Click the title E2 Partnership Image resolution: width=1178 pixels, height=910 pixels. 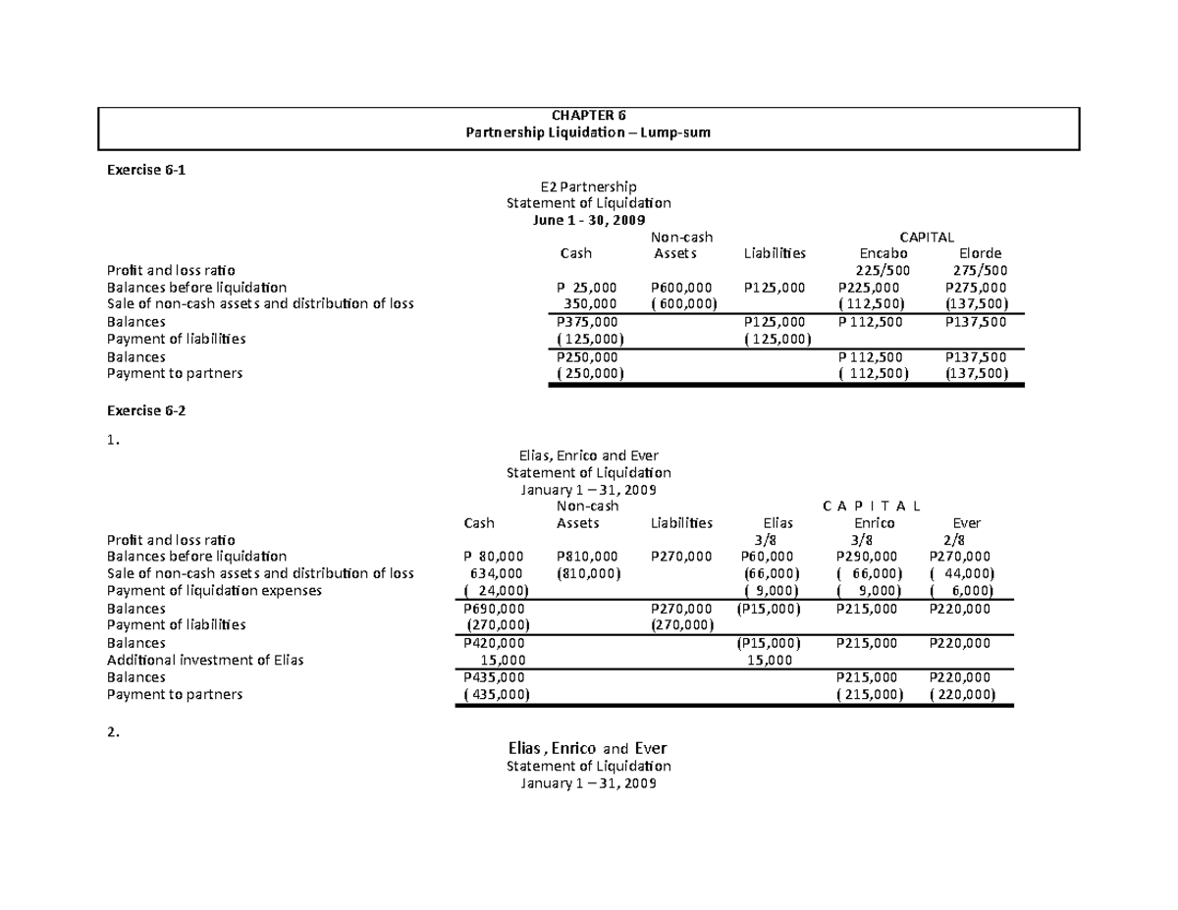point(588,187)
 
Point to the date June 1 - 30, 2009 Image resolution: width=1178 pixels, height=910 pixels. point(588,220)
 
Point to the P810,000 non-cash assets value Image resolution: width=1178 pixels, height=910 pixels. point(587,557)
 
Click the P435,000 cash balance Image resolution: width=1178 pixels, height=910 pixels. point(494,677)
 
